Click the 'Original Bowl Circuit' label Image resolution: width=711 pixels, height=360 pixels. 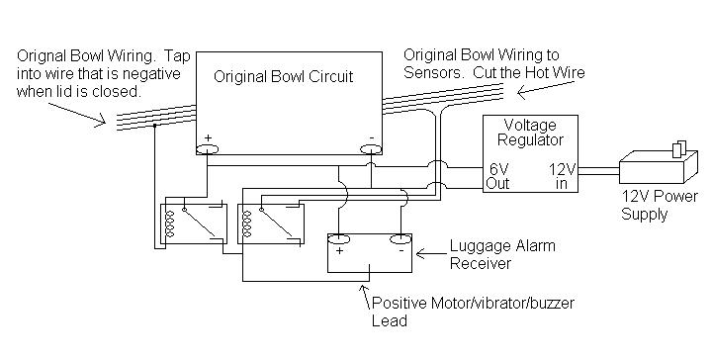point(284,75)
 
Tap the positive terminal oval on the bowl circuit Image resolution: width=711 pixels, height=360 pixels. point(208,150)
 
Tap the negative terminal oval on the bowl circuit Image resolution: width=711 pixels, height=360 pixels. point(370,150)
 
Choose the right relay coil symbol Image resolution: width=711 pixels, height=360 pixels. point(246,223)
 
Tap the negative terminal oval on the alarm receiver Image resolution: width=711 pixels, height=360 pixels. point(400,238)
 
